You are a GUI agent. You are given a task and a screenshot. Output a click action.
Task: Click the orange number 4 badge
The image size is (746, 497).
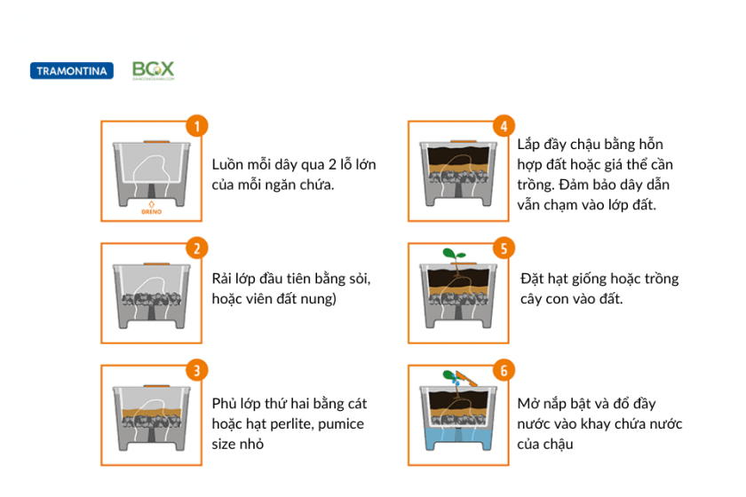(503, 126)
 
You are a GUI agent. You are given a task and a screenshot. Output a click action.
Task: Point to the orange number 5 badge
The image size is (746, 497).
(503, 248)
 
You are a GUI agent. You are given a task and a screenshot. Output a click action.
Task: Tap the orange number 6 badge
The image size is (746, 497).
(503, 370)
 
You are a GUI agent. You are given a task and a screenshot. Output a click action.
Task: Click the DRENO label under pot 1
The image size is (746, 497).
(152, 211)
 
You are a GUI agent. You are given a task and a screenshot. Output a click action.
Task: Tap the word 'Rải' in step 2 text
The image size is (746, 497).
(223, 279)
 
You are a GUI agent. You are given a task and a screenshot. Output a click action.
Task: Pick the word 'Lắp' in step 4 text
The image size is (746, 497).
(530, 144)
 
